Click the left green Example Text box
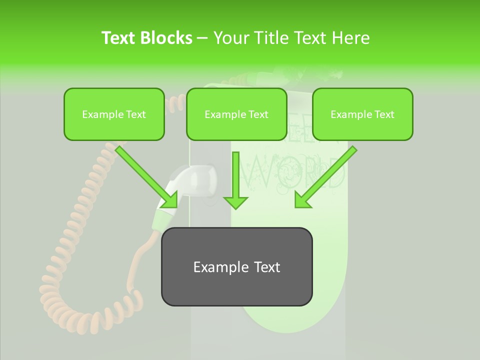point(114,114)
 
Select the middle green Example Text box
point(236,114)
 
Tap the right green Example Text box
point(362,114)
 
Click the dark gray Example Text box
point(236,266)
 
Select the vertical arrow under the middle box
point(235,180)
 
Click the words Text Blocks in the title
point(147,37)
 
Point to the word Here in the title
point(350,37)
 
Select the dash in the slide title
point(202,38)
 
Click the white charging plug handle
point(192,182)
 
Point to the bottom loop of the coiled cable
point(75,310)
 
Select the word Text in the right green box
point(383,114)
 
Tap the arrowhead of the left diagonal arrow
point(170,200)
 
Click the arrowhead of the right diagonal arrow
point(302,200)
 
